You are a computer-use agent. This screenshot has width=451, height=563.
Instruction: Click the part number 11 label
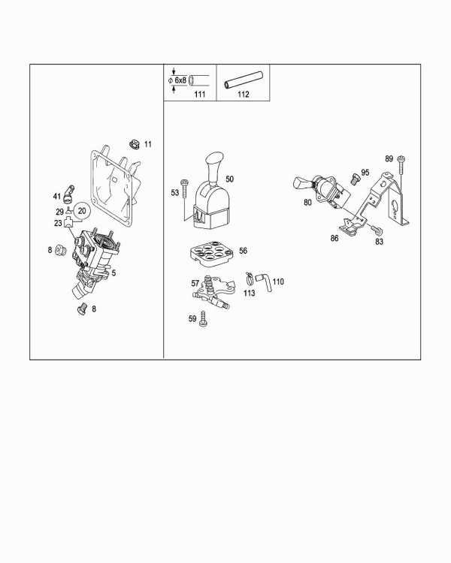148,144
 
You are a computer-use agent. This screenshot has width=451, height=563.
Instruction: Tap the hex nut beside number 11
135,144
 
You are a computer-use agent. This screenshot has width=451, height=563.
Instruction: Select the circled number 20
82,211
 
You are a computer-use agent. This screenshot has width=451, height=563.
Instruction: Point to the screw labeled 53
185,188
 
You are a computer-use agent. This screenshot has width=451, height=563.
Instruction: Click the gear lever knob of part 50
214,166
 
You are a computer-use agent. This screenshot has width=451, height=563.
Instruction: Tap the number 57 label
195,283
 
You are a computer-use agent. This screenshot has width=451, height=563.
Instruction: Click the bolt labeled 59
203,319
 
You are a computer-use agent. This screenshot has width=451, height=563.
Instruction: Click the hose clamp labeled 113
249,278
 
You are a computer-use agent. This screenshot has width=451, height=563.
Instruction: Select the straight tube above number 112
244,80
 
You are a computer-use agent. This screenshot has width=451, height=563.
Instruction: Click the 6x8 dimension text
180,80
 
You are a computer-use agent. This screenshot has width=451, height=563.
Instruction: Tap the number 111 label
200,94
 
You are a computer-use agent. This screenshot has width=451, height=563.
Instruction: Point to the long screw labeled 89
401,167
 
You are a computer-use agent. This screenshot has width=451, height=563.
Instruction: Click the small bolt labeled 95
355,179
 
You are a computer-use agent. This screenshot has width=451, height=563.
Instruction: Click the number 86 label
334,238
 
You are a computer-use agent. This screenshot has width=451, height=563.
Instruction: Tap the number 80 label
307,203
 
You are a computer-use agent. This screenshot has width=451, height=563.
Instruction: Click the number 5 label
114,273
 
